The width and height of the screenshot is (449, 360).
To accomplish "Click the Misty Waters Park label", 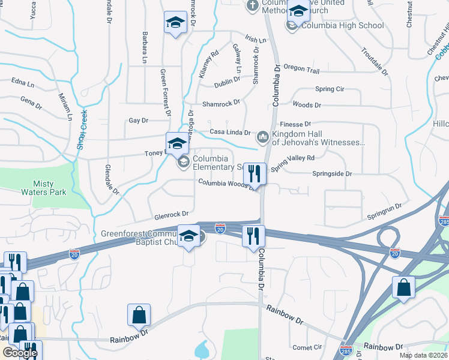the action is [x=52, y=188].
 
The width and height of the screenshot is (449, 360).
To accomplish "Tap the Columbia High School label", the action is [x=343, y=25].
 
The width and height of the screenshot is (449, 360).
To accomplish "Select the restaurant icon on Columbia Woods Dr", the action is [x=255, y=174].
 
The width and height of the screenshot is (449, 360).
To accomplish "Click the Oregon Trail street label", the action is [x=301, y=70].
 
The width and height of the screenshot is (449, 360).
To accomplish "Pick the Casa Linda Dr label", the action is [x=229, y=132].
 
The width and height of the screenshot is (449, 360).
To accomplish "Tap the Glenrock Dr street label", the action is [x=171, y=214].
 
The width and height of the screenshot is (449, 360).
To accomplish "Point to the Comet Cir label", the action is [x=307, y=347].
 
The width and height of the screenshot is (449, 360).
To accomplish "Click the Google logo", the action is [x=20, y=353].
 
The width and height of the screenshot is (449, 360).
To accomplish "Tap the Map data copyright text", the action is [x=423, y=355].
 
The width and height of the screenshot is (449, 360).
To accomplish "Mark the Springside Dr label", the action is [x=331, y=173].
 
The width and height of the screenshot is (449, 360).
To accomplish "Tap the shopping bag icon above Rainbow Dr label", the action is [x=139, y=314].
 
